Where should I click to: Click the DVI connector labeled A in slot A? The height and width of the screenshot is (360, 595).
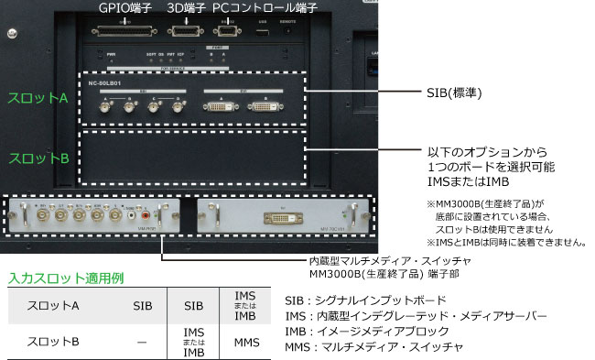(x=220, y=107)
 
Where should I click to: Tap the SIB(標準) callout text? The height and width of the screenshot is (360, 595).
(x=455, y=93)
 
